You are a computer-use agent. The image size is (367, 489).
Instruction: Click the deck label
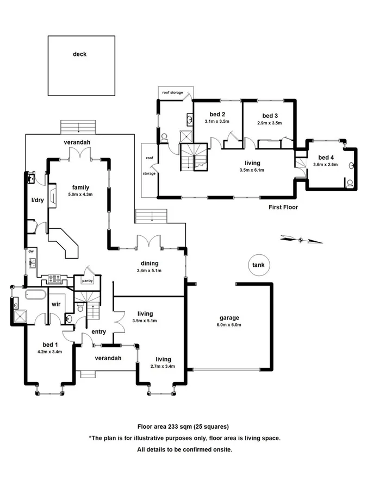point(80,54)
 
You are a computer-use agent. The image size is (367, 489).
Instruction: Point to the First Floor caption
point(283,207)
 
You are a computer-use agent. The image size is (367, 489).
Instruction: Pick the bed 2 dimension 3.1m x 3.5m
point(217,122)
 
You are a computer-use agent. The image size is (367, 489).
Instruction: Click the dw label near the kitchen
point(32,252)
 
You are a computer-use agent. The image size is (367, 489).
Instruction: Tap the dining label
point(150,264)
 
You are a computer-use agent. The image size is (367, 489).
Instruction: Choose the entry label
point(99,331)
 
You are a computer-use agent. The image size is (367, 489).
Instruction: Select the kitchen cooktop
point(54,279)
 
